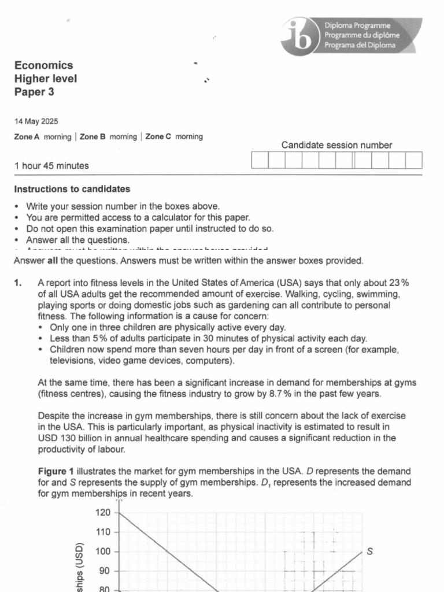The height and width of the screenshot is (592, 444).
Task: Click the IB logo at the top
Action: [x=299, y=35]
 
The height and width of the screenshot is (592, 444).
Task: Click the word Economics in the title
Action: [x=43, y=65]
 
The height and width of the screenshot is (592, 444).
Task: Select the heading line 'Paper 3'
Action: [x=35, y=92]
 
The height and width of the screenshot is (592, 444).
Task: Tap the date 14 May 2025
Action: [x=36, y=121]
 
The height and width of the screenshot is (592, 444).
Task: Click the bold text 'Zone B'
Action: [x=92, y=137]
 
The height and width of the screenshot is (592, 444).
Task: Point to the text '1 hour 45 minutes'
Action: [x=51, y=166]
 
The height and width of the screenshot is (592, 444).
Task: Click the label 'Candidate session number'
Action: [x=336, y=146]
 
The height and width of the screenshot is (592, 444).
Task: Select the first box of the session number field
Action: [x=260, y=160]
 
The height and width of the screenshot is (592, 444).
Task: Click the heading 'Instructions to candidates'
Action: [x=72, y=189]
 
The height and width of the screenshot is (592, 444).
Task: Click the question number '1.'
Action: [x=18, y=283]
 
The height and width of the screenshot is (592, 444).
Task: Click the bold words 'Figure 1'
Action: [x=56, y=471]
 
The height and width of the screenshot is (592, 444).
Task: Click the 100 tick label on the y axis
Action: [x=103, y=552]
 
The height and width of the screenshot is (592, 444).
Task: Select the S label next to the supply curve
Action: [x=370, y=552]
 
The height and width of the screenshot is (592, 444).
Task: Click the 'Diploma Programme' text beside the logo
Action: [x=357, y=26]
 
